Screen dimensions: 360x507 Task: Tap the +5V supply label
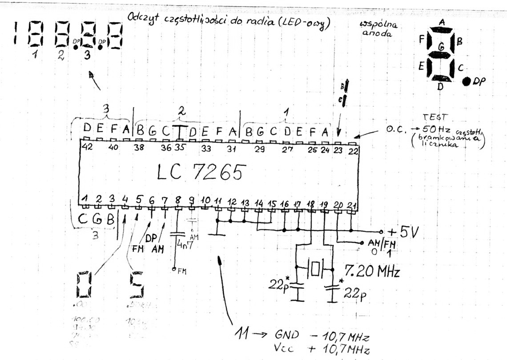coord(404,232)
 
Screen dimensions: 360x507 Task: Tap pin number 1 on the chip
coord(85,198)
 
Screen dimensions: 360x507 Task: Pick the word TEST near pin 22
coord(431,117)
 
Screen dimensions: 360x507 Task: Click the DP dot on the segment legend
coord(467,81)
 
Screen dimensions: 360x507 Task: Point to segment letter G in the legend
coord(441,46)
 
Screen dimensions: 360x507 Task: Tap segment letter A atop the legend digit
coord(442,22)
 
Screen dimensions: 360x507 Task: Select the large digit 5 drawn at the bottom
coord(137,285)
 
